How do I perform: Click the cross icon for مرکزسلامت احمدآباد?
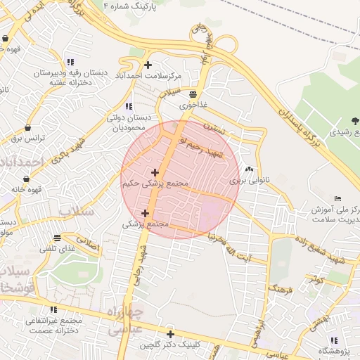point(148,65)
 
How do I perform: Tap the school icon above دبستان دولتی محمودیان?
point(128,106)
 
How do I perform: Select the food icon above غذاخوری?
point(193,94)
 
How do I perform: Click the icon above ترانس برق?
point(27,128)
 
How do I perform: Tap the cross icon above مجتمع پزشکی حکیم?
point(155,172)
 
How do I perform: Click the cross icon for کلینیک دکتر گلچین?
point(169,334)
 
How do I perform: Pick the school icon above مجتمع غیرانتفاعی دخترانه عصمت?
point(53,309)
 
